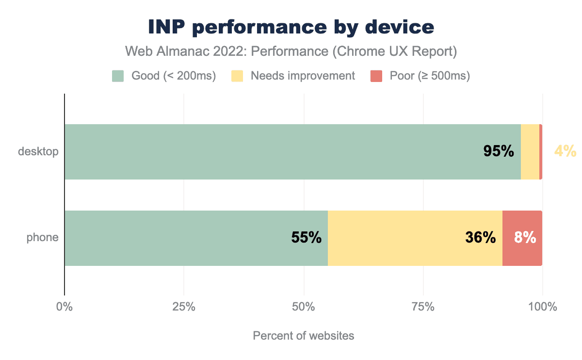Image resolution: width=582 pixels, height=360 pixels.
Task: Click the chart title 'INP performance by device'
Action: pyautogui.click(x=291, y=28)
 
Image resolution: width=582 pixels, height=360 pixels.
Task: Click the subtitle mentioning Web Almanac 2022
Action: pyautogui.click(x=291, y=52)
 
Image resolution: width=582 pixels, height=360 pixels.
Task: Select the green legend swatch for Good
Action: pyautogui.click(x=118, y=76)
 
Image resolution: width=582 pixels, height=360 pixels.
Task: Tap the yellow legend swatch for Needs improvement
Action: pyautogui.click(x=237, y=76)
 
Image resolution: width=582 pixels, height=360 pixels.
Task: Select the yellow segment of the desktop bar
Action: pyautogui.click(x=530, y=152)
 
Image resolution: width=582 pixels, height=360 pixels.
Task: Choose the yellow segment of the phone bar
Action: pyautogui.click(x=398, y=238)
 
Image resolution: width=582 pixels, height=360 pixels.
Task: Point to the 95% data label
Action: pyautogui.click(x=498, y=152)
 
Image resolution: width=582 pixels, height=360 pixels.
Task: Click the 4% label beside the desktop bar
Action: pyautogui.click(x=565, y=152)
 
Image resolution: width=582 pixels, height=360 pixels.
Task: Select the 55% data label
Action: pyautogui.click(x=306, y=238)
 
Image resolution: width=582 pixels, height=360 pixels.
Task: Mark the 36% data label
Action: pyautogui.click(x=480, y=238)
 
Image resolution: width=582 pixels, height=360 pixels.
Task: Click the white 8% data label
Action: pyautogui.click(x=525, y=238)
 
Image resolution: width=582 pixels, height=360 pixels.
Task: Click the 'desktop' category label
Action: pyautogui.click(x=38, y=152)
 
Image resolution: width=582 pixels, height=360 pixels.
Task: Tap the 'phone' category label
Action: pyautogui.click(x=43, y=238)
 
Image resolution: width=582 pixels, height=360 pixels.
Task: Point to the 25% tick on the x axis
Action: pyautogui.click(x=184, y=307)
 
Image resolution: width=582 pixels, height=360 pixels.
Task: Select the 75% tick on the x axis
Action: pyautogui.click(x=423, y=307)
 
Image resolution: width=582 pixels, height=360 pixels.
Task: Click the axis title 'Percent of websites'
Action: pyautogui.click(x=304, y=336)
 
